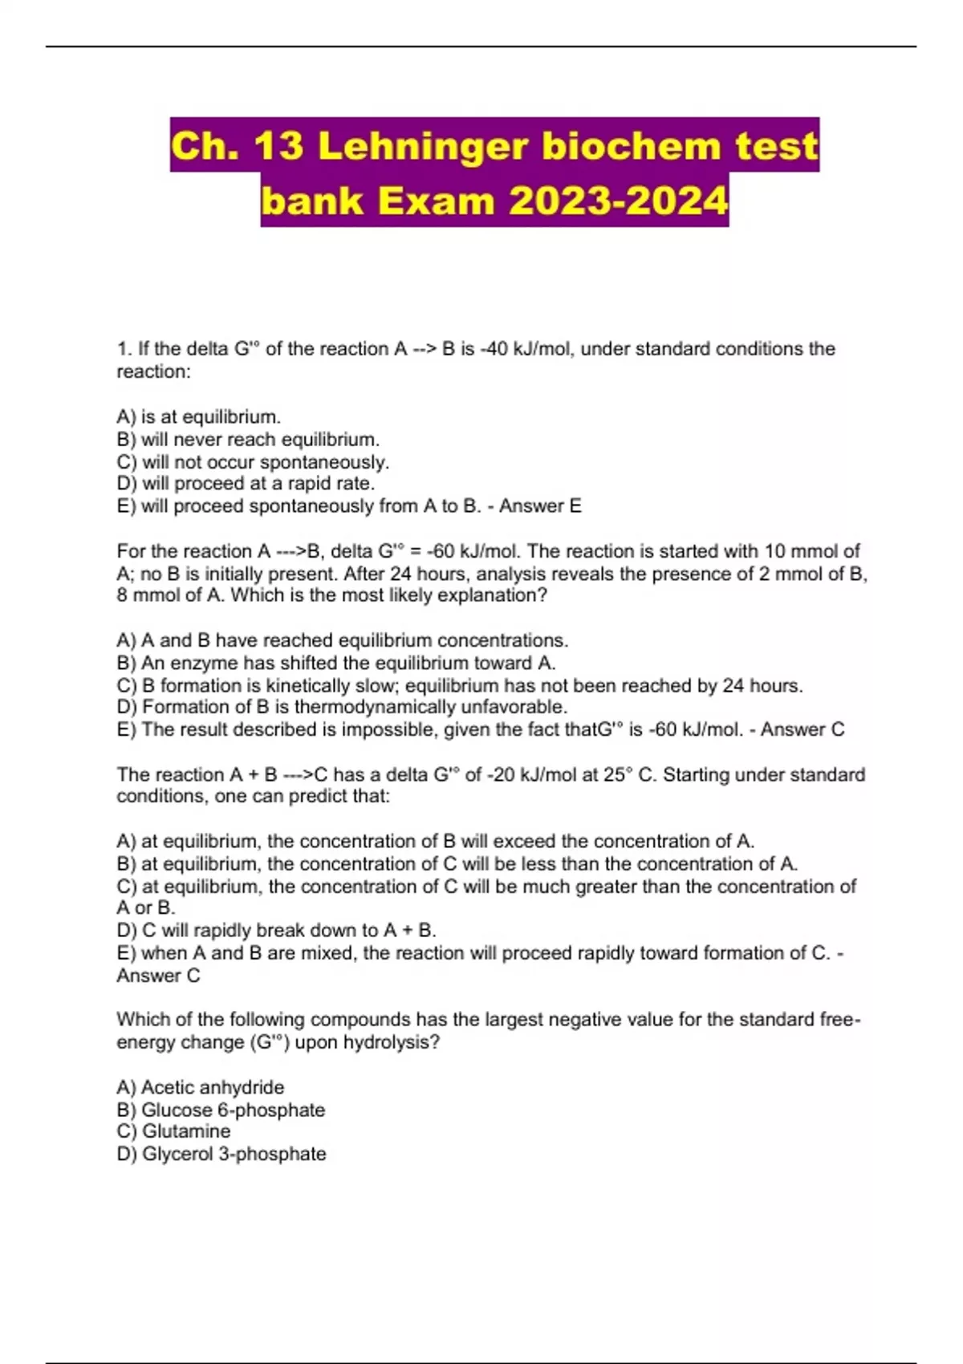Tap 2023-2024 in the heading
click(x=618, y=201)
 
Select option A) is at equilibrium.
click(x=199, y=417)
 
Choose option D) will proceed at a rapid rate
click(x=246, y=484)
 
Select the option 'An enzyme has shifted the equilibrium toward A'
click(x=337, y=664)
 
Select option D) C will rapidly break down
click(x=277, y=931)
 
